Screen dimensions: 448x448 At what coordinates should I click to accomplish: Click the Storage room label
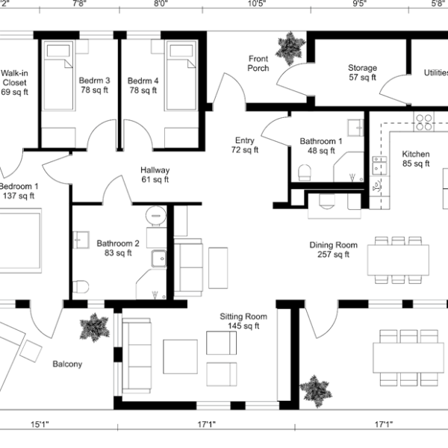(x=362, y=72)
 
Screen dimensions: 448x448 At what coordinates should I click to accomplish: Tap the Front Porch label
(x=258, y=63)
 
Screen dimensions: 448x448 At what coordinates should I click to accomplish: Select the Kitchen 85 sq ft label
(x=416, y=158)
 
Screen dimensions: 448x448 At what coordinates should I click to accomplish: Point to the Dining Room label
(x=334, y=249)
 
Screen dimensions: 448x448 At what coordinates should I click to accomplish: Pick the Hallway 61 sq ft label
(x=155, y=175)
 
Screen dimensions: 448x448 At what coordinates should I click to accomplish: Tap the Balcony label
(x=67, y=364)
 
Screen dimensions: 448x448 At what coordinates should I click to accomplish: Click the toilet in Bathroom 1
(x=305, y=172)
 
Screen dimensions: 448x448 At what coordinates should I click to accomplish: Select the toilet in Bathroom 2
(x=81, y=287)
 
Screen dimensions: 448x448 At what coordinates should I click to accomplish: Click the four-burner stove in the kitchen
(x=424, y=122)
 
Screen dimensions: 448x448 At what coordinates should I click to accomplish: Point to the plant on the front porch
(x=289, y=49)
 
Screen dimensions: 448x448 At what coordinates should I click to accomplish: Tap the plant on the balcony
(x=94, y=328)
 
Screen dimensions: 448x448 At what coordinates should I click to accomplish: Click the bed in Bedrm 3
(x=58, y=75)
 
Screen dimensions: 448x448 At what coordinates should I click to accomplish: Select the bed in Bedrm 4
(x=181, y=75)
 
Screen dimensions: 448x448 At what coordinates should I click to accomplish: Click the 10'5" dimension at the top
(x=257, y=4)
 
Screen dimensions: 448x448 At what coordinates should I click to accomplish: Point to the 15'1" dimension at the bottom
(x=40, y=424)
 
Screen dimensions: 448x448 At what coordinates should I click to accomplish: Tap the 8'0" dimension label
(x=161, y=4)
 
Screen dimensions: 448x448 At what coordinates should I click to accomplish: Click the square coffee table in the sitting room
(x=180, y=357)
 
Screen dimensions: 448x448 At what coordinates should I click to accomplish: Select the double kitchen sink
(x=379, y=166)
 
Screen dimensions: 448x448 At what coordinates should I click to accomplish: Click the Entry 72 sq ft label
(x=245, y=145)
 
